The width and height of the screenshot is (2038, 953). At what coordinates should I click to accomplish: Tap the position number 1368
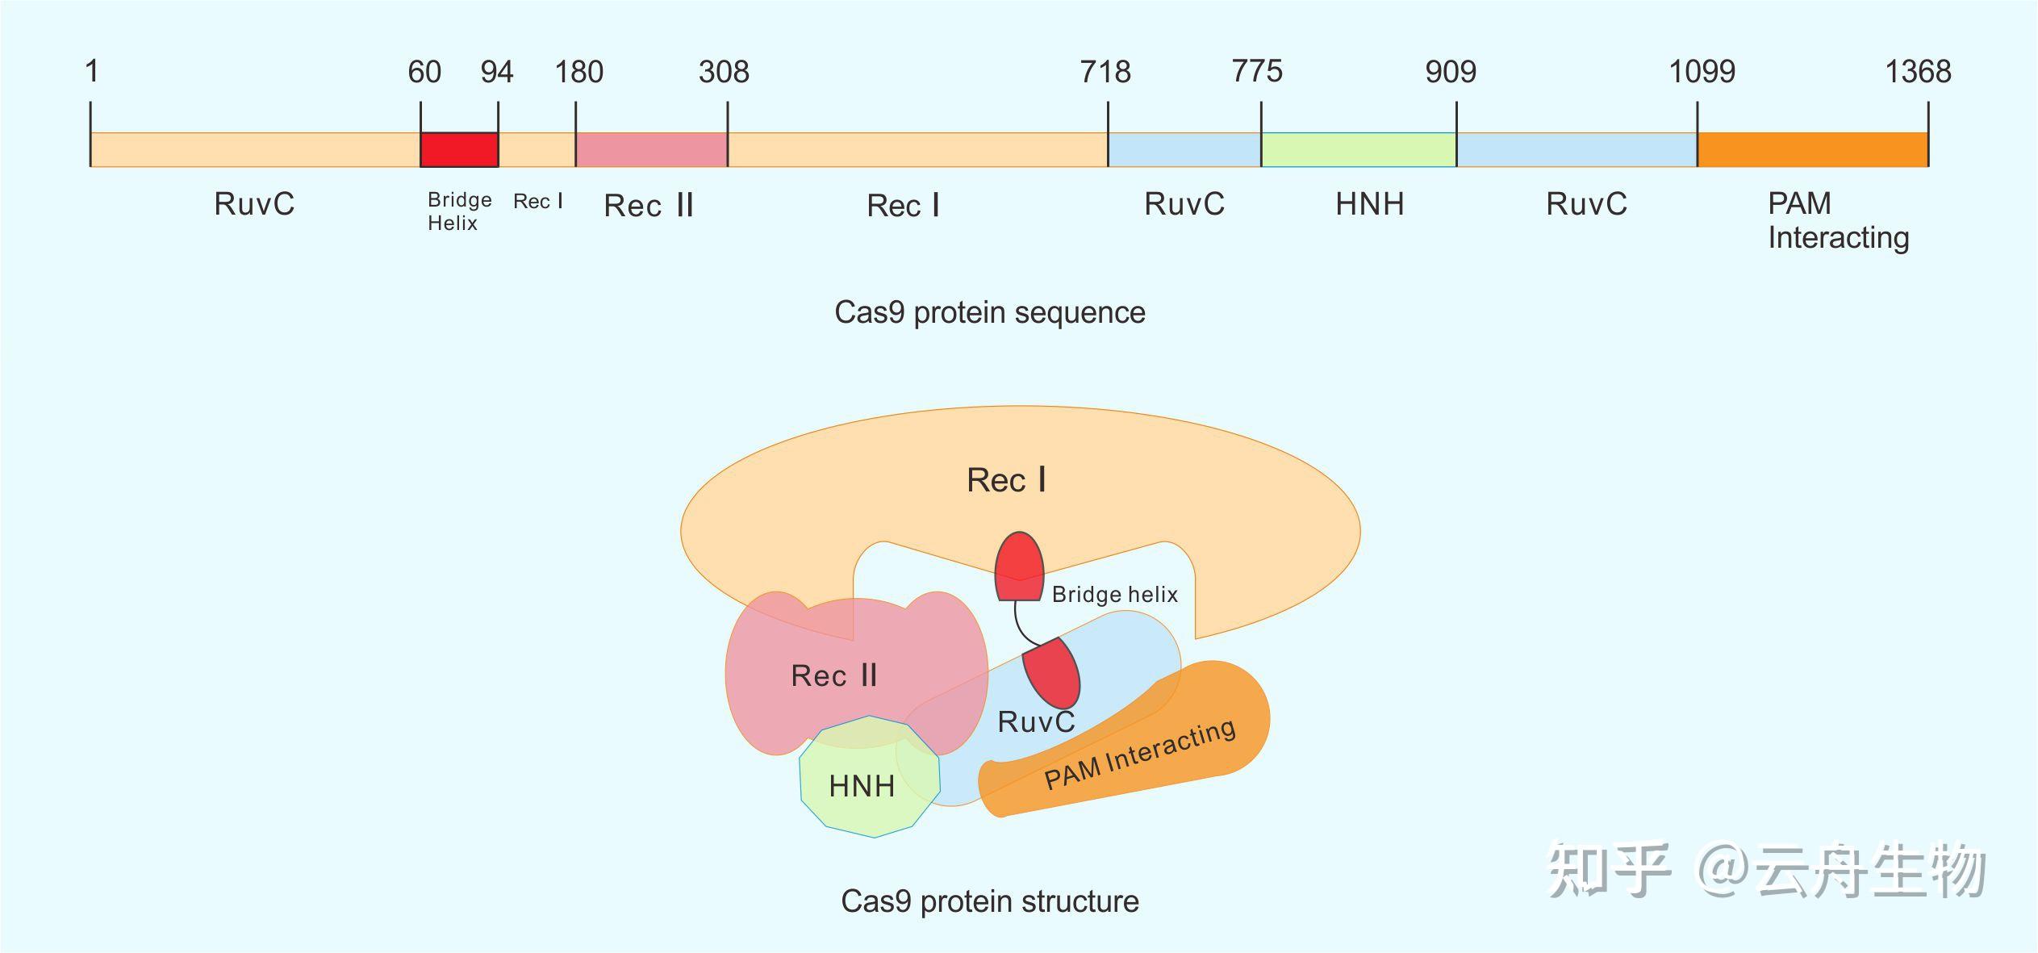1917,72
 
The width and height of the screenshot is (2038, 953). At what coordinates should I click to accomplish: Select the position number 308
724,72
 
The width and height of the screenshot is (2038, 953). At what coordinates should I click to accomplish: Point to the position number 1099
1702,72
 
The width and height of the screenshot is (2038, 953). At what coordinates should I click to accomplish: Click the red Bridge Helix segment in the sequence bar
459,150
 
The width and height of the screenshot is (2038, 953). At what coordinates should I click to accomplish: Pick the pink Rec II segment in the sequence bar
651,150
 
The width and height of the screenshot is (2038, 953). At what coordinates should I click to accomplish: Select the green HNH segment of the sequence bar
1358,150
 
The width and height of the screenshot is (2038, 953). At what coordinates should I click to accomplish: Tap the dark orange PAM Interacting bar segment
1812,150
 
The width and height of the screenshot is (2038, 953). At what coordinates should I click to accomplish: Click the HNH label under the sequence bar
1369,204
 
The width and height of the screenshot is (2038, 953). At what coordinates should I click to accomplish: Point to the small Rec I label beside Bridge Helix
537,201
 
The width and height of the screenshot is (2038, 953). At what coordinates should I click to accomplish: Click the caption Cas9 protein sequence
989,312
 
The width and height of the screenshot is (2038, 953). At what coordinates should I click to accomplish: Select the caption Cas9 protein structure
989,901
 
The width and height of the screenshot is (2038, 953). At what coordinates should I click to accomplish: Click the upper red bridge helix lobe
1019,566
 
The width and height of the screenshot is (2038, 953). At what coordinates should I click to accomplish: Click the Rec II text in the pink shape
833,675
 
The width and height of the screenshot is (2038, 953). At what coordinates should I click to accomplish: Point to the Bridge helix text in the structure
1114,595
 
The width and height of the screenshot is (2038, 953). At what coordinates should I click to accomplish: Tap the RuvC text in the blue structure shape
1036,721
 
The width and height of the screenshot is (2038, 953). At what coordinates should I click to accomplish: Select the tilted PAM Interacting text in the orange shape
1139,754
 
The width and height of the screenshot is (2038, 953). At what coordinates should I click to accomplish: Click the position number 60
424,72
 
